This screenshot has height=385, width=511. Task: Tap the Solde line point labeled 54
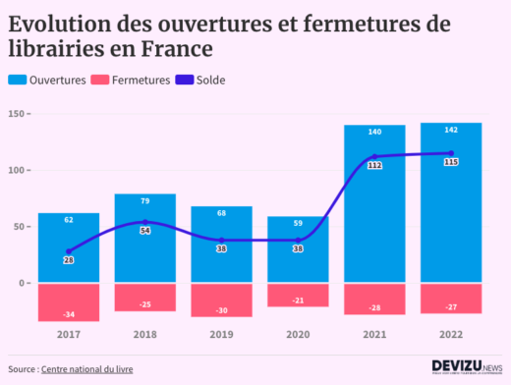click(x=145, y=222)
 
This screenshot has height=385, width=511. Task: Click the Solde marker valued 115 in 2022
click(x=451, y=152)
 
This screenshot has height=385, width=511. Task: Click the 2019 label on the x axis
click(x=221, y=335)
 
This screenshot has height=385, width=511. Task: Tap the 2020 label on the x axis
click(x=298, y=335)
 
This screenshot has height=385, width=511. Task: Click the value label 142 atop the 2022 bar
click(x=451, y=131)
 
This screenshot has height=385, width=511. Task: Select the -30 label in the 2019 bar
click(x=222, y=310)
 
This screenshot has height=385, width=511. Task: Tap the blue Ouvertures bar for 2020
click(x=298, y=260)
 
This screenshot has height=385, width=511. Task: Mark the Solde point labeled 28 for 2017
click(x=69, y=251)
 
